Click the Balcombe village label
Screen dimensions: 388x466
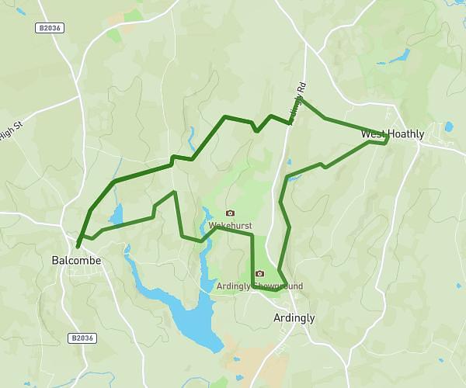[76, 261]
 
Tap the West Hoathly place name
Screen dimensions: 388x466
[393, 134]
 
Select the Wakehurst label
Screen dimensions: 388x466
[231, 225]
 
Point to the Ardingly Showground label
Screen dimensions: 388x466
[259, 286]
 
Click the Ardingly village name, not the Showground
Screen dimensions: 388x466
[294, 318]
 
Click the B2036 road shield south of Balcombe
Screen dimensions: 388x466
[81, 338]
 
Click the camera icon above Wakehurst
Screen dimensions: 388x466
[230, 213]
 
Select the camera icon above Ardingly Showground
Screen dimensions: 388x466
[259, 273]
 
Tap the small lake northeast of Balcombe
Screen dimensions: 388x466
[117, 213]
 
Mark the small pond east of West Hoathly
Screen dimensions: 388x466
[448, 126]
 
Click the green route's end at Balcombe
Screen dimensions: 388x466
[77, 248]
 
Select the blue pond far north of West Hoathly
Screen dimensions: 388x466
[402, 56]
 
